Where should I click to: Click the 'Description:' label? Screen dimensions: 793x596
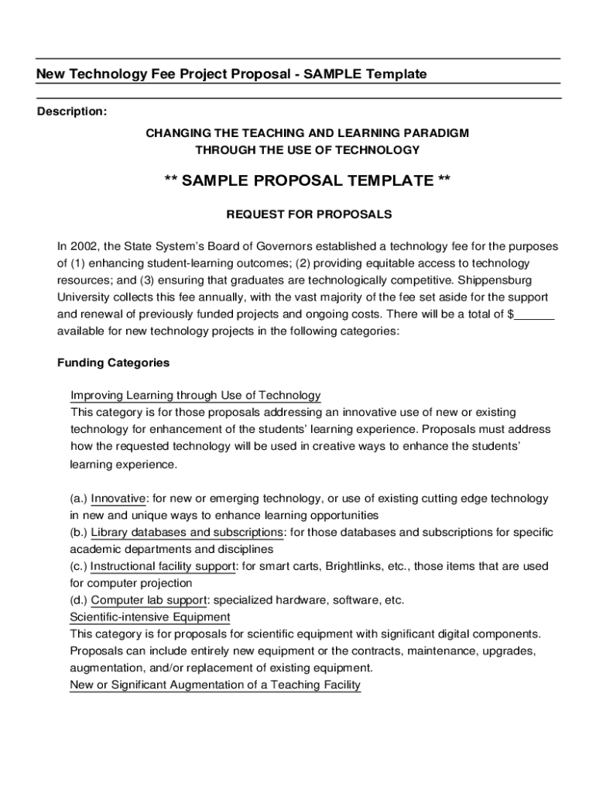(72, 112)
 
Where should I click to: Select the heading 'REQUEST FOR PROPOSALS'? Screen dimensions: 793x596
(309, 214)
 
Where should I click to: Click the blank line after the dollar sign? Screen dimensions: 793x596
(535, 314)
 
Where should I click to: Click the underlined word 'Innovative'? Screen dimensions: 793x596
(118, 499)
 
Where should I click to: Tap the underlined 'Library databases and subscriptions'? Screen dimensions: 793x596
(187, 533)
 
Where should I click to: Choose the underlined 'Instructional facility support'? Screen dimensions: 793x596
(163, 566)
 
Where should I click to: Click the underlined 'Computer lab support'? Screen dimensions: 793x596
(149, 600)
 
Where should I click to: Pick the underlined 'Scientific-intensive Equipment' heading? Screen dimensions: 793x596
(150, 617)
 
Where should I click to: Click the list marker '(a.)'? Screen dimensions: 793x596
(79, 499)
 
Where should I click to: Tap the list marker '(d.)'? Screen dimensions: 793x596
(79, 600)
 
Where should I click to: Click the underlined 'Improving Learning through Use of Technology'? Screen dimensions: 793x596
(196, 395)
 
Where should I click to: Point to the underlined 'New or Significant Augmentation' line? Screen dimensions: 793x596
(215, 685)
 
